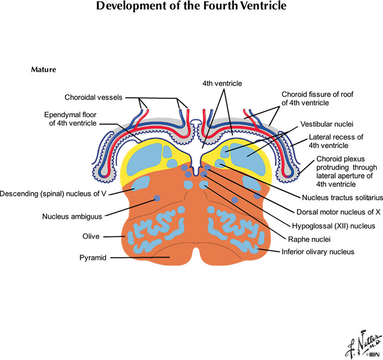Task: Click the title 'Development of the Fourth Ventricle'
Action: click(x=191, y=7)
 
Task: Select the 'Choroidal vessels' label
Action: click(x=93, y=97)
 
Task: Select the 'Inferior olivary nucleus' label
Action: click(x=318, y=252)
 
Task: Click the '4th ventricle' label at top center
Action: click(x=222, y=84)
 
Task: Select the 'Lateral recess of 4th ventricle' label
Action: click(x=335, y=141)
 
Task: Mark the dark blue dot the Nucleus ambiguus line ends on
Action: click(x=158, y=198)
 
